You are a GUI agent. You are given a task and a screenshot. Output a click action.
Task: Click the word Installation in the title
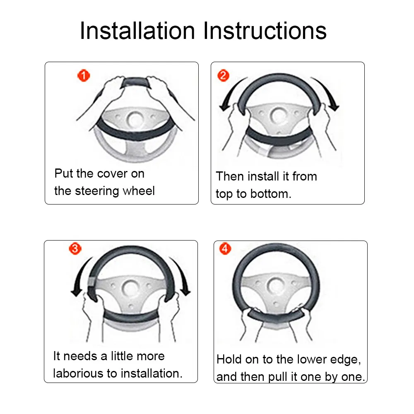(x=137, y=31)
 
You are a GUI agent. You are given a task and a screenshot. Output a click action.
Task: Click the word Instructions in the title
(x=265, y=31)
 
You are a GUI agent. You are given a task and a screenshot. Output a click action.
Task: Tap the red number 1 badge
(x=84, y=75)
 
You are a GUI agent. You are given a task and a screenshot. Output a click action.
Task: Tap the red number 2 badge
(x=223, y=75)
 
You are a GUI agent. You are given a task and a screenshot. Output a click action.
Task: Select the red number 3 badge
(x=75, y=248)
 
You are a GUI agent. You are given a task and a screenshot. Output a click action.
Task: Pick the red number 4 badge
(x=225, y=248)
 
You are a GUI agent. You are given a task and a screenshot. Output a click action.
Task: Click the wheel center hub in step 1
(x=135, y=119)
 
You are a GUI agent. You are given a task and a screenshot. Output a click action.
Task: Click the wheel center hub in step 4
(x=275, y=286)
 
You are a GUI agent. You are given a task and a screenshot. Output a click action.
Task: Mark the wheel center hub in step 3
(x=130, y=288)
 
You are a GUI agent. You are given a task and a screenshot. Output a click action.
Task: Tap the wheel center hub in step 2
(x=278, y=116)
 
